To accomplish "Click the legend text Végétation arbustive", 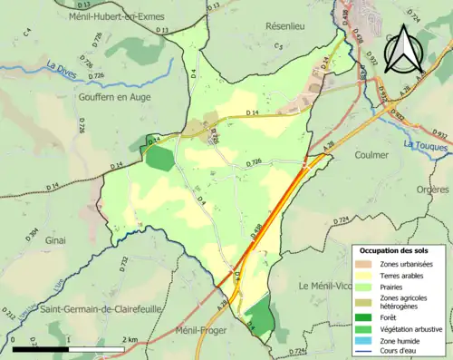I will (416, 328).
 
